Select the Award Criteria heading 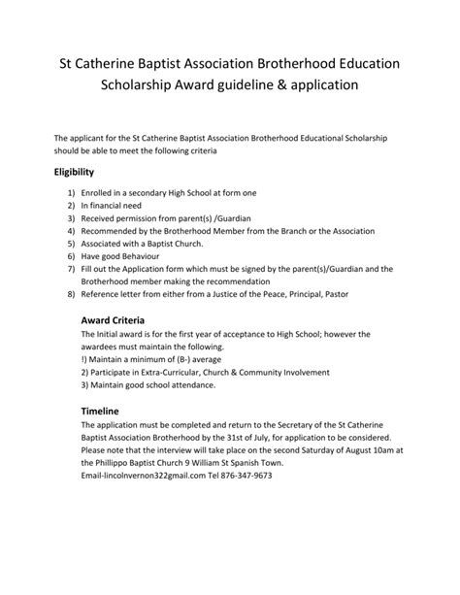tap(114, 319)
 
